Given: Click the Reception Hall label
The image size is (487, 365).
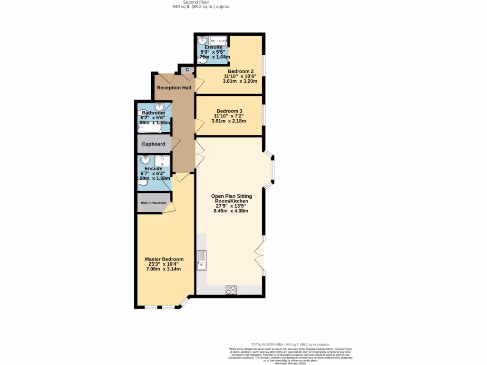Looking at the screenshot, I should coord(174,88).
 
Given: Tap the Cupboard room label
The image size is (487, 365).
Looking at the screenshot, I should coord(153,144).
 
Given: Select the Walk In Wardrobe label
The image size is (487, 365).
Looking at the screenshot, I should coord(153,203).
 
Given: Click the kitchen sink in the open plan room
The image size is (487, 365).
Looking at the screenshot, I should coord(202,259).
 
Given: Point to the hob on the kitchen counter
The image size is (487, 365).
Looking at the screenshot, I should coord(231,289).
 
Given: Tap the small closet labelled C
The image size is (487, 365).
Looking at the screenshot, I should coord(187,70).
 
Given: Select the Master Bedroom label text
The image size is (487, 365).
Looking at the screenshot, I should coord(164,259).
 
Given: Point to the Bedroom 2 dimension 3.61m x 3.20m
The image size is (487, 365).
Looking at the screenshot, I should coord(240,81).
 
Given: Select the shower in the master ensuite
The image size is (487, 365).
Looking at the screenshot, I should coord(162,161).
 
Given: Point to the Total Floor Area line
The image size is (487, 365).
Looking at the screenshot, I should coord(290,345).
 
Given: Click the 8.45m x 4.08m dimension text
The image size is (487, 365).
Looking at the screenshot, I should coord(231,211).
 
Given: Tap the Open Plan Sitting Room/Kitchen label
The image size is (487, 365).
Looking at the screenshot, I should coord(232,199).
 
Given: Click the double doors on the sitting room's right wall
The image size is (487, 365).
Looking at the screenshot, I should coord(260,256).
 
